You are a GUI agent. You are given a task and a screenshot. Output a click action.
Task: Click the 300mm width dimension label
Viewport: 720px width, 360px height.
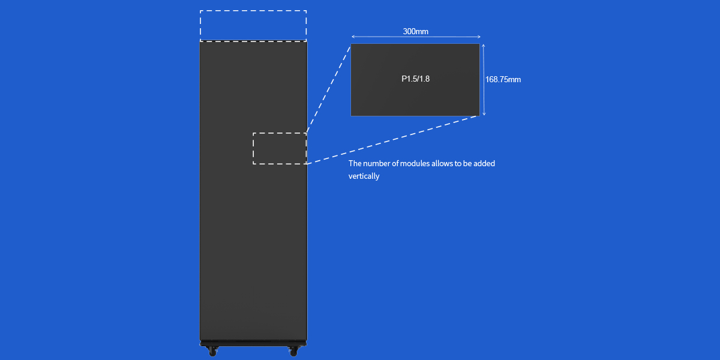[x=415, y=31]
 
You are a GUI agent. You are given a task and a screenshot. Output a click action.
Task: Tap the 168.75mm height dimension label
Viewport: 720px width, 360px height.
[x=503, y=79]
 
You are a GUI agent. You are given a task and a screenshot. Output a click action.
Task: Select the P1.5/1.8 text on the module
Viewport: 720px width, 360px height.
[x=415, y=79]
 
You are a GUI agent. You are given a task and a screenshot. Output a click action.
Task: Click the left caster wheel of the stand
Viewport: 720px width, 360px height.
[x=212, y=351]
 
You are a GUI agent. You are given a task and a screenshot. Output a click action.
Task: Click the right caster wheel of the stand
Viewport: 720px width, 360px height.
[x=293, y=351]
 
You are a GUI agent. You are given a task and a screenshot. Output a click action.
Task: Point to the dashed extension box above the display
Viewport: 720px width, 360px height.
[x=253, y=26]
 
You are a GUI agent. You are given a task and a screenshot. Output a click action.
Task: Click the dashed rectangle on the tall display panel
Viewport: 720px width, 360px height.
[x=280, y=148]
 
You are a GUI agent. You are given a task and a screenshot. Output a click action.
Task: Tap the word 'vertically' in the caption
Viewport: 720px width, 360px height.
[x=364, y=176]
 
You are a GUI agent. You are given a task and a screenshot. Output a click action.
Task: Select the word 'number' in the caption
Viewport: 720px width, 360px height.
[x=377, y=163]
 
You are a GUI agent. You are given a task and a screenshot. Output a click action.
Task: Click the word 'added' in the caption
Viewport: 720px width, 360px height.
[x=484, y=163]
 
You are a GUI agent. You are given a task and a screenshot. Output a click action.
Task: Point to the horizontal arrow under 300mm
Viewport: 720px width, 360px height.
[x=415, y=38]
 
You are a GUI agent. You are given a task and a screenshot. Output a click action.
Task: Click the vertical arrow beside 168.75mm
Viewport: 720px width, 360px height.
[x=484, y=79]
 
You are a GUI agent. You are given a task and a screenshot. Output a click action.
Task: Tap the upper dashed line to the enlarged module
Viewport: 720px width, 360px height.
[x=329, y=88]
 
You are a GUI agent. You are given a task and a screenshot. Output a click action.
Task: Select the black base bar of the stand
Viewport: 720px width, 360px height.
[x=253, y=343]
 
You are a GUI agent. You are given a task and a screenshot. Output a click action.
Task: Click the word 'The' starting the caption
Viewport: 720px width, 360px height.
[x=355, y=163]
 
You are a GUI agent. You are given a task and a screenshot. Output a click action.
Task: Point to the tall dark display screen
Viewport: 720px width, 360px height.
[x=253, y=240]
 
